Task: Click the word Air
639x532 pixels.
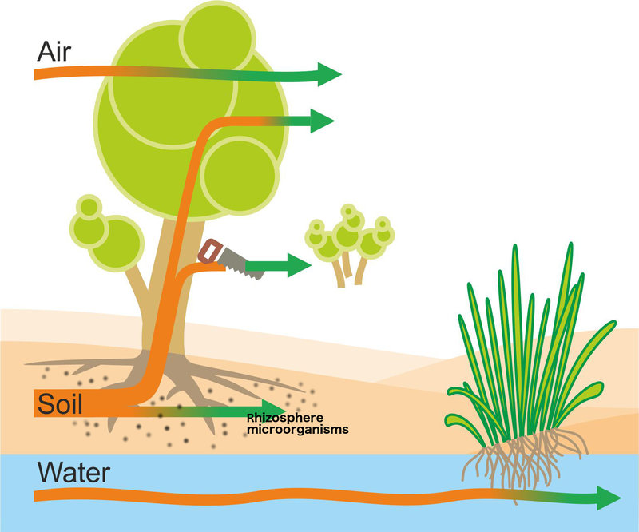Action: pos(54,52)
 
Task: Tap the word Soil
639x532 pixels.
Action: pos(60,403)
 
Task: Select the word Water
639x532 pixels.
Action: pos(73,472)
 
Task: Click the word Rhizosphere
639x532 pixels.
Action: pos(285,418)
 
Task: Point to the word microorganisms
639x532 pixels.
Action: pos(298,430)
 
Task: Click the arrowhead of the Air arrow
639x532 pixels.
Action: pos(329,74)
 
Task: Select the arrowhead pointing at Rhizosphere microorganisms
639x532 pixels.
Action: pos(274,410)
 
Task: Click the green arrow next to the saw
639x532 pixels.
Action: pos(279,265)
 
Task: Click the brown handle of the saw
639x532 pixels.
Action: pos(210,252)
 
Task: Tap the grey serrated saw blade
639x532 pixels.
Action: pos(241,264)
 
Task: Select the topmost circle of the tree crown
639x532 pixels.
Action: pos(217,38)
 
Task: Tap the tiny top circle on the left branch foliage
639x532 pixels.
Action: pos(89,206)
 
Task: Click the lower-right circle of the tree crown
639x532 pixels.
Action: pos(240,176)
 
